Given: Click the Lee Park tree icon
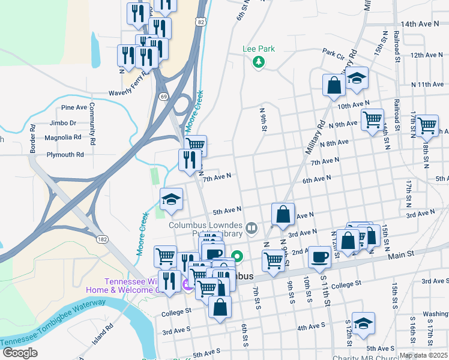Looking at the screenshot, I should point(259,62).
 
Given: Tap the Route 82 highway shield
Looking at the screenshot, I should point(200,21).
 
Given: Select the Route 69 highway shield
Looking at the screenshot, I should point(163,96).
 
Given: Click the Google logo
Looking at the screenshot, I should point(20,353).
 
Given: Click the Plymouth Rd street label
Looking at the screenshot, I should point(65,154).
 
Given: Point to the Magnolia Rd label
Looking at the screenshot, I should point(63,137).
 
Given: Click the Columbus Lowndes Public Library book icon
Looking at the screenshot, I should point(251,227).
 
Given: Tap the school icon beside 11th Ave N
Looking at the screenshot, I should point(357,79).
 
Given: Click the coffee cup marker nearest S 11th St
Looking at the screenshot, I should point(319,257).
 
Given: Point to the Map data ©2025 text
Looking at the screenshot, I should point(423,355).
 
